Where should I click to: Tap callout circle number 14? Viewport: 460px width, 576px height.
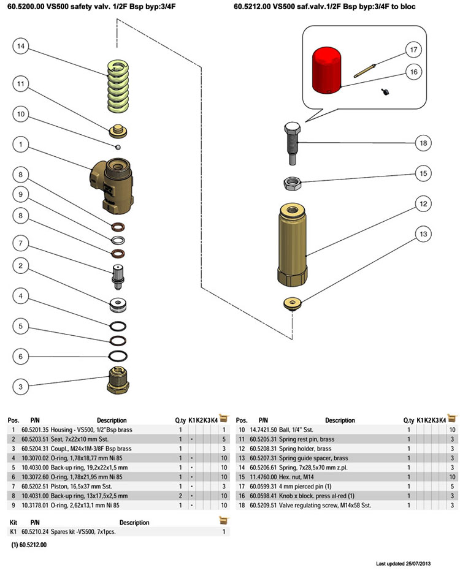[x=21, y=46]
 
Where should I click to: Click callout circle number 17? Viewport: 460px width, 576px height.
[x=413, y=50]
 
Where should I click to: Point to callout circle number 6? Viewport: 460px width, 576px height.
[x=21, y=356]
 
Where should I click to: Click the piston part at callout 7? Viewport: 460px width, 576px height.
[x=117, y=276]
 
